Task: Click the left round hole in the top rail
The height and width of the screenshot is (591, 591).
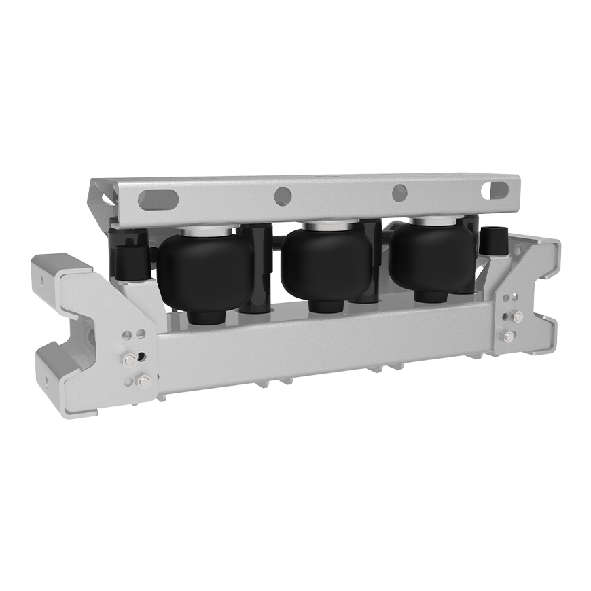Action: [283, 196]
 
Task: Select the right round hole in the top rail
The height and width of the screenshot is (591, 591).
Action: [399, 193]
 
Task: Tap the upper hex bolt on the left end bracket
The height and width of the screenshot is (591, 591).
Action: [128, 359]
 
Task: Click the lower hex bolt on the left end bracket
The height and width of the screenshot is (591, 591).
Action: [143, 381]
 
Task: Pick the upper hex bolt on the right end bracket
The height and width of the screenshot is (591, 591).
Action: [518, 317]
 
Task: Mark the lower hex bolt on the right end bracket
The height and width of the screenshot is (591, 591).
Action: [507, 336]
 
